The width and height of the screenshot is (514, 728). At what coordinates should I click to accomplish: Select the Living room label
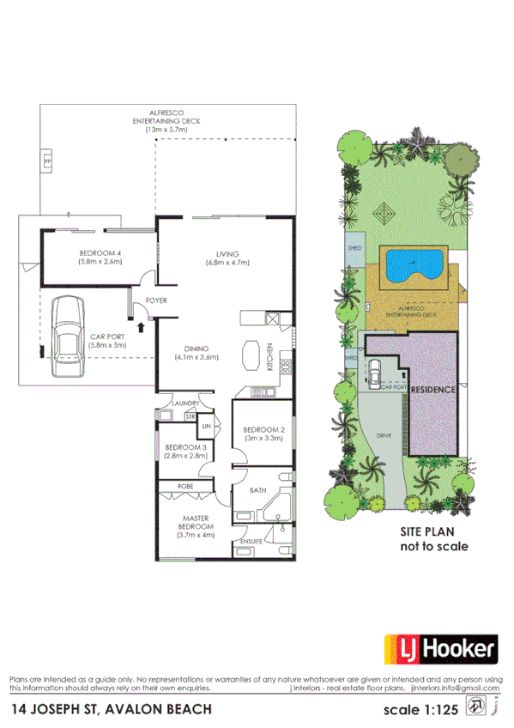point(227,258)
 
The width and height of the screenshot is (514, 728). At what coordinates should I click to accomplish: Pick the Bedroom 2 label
point(263,434)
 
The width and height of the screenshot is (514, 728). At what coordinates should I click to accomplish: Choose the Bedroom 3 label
point(185,452)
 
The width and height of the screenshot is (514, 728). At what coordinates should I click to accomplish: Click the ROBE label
point(184,486)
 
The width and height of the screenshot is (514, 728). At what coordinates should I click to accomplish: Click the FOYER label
point(155,300)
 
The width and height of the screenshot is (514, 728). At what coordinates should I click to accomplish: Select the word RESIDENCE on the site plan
point(432,390)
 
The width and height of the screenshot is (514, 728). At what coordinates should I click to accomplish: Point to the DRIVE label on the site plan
point(384,437)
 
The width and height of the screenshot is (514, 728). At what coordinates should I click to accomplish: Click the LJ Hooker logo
point(438,651)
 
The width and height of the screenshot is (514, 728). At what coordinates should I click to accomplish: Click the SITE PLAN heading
point(434,532)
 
